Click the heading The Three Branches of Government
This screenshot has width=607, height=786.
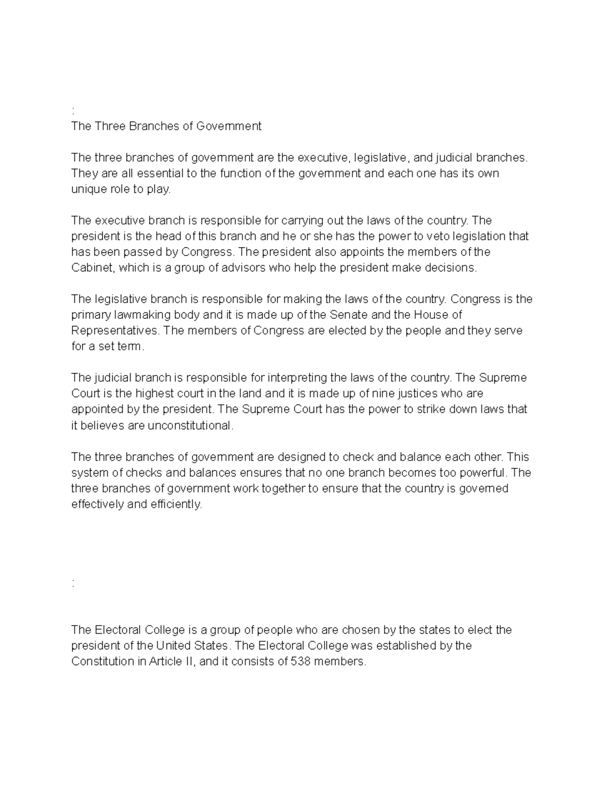[166, 126]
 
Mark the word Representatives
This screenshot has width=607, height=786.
[115, 330]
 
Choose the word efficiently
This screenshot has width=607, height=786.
[175, 505]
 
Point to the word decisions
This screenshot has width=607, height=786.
[451, 268]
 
